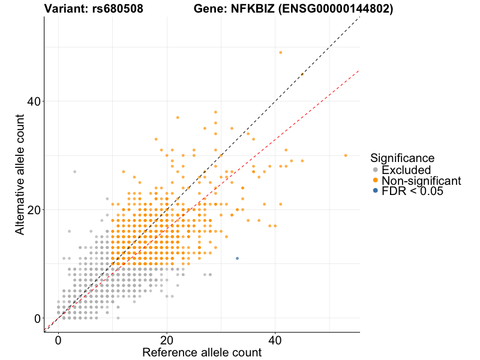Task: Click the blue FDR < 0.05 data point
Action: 237,258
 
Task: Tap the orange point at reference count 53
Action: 346,155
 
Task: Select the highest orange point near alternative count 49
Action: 280,52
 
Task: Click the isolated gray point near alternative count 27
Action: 74,172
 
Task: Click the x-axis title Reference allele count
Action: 202,352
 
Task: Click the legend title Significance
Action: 402,158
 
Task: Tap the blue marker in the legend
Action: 375,191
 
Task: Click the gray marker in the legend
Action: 375,170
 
